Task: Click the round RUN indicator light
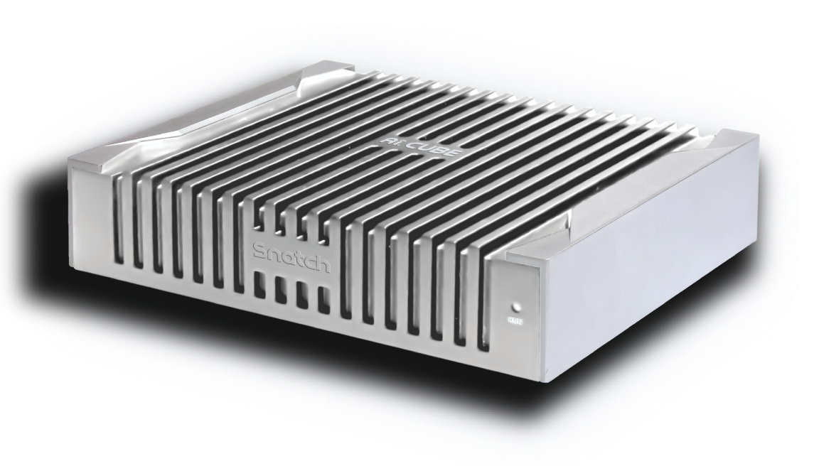pos(515,308)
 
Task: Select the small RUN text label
pos(515,321)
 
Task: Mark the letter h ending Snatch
pos(323,264)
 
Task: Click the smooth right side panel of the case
pos(654,284)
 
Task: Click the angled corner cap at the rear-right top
pos(725,142)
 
